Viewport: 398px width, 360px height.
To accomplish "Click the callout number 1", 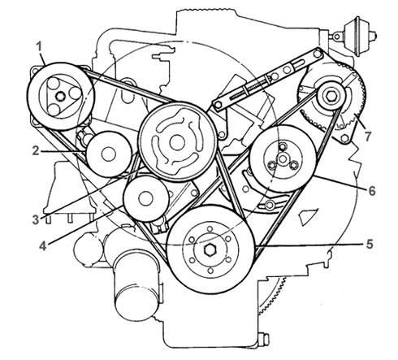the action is (x=40, y=46).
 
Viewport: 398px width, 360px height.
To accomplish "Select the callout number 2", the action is (x=36, y=151).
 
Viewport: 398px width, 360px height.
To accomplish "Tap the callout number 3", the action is (x=36, y=220).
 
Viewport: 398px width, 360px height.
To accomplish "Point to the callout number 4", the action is (x=43, y=246).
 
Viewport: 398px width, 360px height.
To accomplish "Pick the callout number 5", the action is (x=370, y=244).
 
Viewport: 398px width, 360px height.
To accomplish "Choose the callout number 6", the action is (x=372, y=191).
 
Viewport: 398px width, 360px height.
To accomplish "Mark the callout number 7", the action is (x=367, y=136).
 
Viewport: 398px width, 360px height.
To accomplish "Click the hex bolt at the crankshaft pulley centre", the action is (x=210, y=250).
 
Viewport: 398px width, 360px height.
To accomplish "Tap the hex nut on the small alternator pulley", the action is (x=331, y=96).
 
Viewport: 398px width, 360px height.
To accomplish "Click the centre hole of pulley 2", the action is (x=108, y=154).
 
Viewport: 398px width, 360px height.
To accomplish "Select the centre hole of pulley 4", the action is (x=145, y=199).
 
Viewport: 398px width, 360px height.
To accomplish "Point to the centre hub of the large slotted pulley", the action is (x=177, y=142).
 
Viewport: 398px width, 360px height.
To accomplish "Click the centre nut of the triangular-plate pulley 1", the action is (x=61, y=96).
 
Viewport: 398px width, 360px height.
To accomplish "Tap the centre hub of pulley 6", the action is (x=283, y=158).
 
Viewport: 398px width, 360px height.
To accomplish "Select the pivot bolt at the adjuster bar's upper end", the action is (x=317, y=54).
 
